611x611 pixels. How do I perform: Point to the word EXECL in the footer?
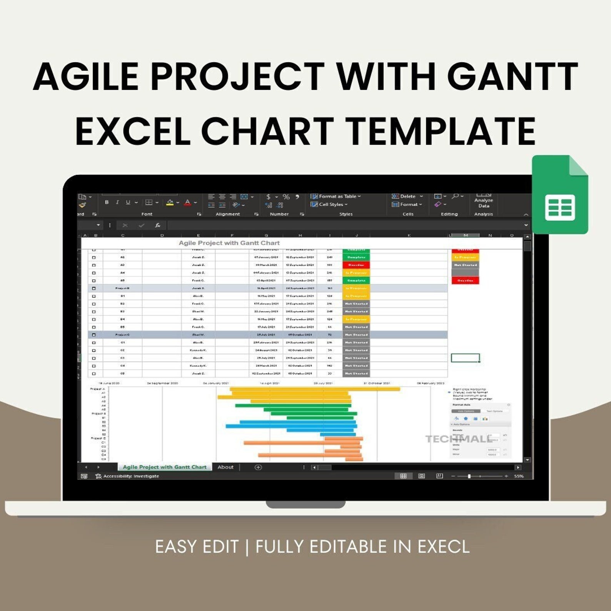444,547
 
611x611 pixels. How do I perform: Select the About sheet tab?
225,467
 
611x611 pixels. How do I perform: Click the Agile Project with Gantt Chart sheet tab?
164,467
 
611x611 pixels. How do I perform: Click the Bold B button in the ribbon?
107,202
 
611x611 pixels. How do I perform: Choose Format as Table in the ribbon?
336,196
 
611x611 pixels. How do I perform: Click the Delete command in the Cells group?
407,196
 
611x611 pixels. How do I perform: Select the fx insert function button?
157,225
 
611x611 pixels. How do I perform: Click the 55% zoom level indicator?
519,476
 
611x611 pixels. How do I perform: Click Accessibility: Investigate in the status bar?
130,476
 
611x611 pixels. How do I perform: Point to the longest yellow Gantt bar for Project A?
315,389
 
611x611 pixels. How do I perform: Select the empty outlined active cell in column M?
465,358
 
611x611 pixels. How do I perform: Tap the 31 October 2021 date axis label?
377,383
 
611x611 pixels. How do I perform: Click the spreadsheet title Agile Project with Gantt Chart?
229,243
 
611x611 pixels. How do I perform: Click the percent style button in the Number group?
286,197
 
